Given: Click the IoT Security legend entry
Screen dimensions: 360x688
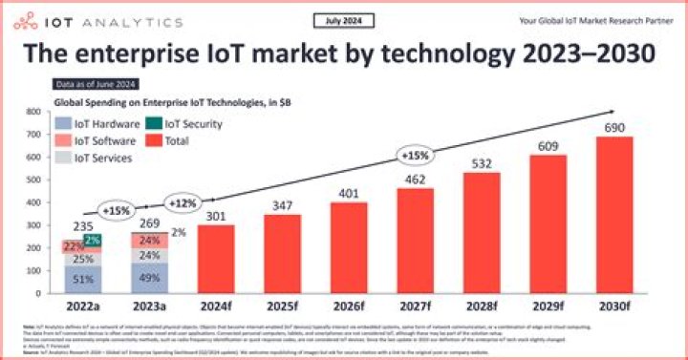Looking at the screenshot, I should tap(186, 124).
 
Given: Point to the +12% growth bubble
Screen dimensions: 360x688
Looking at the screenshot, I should tap(182, 203).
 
